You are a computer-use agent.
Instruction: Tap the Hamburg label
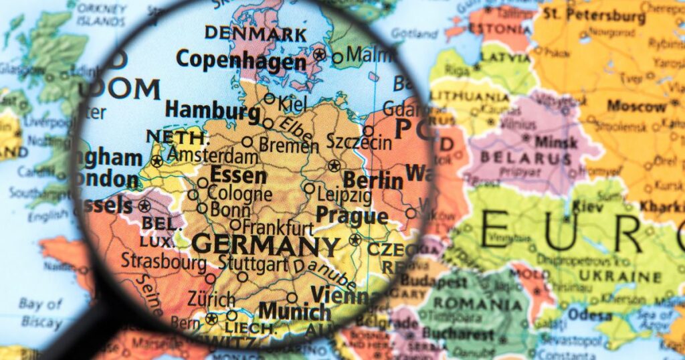[212, 110]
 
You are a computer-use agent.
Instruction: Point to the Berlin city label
[373, 180]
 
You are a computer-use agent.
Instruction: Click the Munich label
[294, 311]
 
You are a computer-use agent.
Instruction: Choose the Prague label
[351, 215]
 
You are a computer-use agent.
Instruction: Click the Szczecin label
[359, 142]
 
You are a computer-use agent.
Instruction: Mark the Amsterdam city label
[213, 157]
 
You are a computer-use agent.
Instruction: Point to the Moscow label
[636, 106]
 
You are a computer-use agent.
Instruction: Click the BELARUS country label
[528, 159]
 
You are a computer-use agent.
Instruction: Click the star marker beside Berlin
[334, 166]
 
